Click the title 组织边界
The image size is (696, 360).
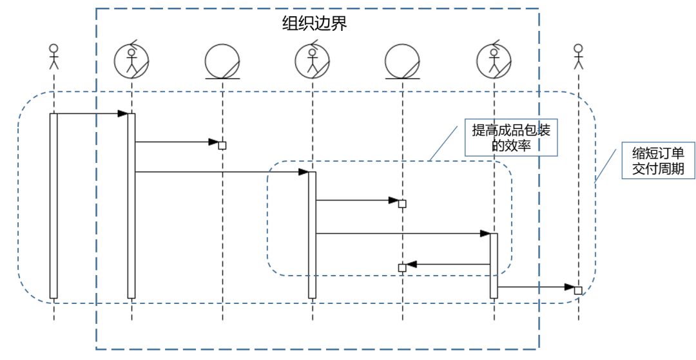coord(314,24)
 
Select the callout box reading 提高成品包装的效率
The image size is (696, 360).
coord(511,138)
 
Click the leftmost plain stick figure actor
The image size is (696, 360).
coord(53,56)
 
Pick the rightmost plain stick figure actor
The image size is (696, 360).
coord(578,56)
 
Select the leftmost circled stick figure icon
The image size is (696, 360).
coord(131,61)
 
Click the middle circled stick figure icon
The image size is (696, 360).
coord(313,61)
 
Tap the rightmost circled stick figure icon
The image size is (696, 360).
coord(494,61)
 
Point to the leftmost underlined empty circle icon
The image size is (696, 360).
coord(222,62)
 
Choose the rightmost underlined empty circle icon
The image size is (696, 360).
coord(403,62)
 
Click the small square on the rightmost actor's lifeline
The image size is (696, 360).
coord(578,290)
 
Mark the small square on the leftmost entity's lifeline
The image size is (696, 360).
coord(222,146)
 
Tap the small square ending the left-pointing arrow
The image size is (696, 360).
coord(402,267)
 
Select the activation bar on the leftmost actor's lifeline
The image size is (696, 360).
coord(53,206)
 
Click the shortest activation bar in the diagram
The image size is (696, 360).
coord(494,265)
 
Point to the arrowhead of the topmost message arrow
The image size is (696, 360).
coord(122,114)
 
